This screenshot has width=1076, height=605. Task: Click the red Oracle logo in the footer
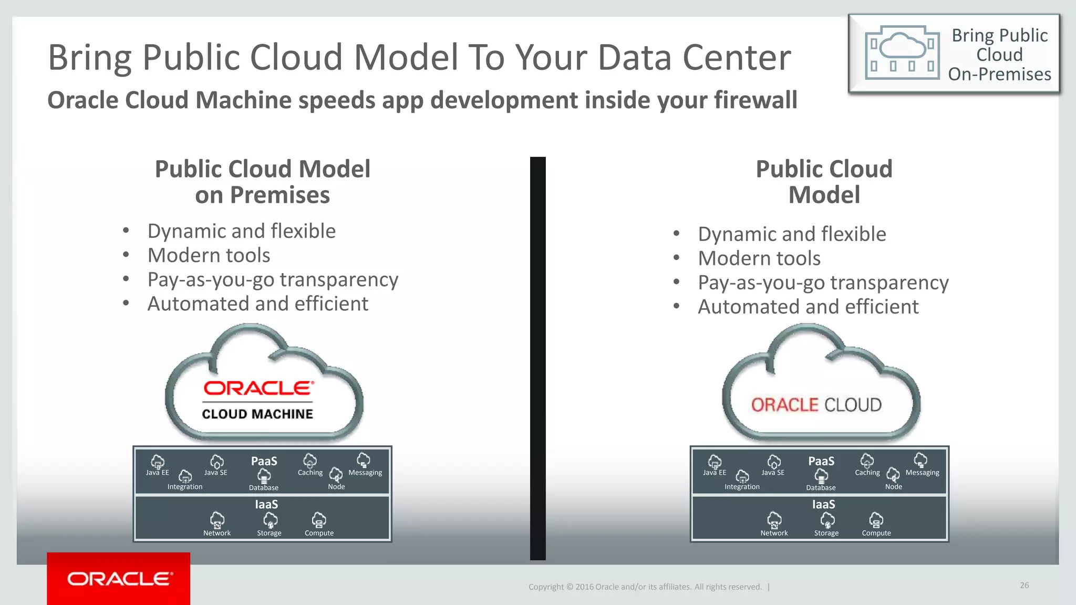(x=119, y=578)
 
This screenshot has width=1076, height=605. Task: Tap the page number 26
(x=1024, y=585)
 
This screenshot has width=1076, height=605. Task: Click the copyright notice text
(x=645, y=587)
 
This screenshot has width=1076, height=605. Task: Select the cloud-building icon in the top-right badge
(x=902, y=53)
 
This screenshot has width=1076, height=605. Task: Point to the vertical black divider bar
(x=537, y=358)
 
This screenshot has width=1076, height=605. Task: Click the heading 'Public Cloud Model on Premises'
(x=262, y=182)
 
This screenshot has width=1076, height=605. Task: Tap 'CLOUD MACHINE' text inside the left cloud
(x=257, y=414)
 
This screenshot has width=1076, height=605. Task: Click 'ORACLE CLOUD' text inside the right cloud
(x=816, y=405)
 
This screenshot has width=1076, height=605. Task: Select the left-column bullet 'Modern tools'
(x=209, y=255)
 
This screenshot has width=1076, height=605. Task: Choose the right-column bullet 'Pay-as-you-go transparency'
(x=823, y=283)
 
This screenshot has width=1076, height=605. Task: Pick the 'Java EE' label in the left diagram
(x=157, y=473)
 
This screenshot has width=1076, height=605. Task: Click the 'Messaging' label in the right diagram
(x=922, y=473)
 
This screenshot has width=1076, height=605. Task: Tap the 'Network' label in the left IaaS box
(x=217, y=533)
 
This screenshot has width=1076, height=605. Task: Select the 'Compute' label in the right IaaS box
(x=876, y=533)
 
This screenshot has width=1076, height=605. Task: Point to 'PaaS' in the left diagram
(x=264, y=461)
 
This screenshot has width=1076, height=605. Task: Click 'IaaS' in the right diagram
(x=823, y=505)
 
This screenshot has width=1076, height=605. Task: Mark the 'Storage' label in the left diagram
(x=269, y=533)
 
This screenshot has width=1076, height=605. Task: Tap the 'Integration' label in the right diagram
(x=742, y=487)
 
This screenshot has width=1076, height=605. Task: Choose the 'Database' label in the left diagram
(x=263, y=488)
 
